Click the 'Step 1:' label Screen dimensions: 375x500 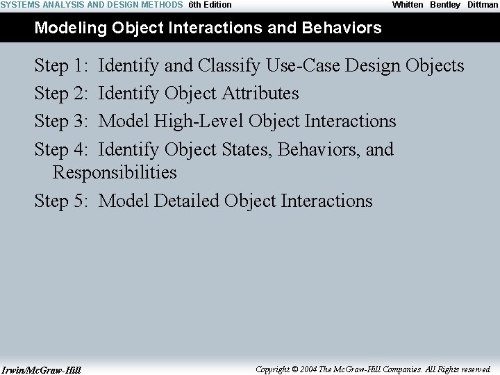61,66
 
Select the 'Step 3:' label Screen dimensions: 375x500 61,122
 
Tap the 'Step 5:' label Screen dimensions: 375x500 61,201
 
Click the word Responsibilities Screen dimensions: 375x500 115,173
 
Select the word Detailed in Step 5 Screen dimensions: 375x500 186,201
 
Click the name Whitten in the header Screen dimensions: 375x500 408,5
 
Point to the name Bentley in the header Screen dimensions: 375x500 445,5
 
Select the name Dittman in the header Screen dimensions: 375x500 483,5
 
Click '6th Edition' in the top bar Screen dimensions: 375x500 210,5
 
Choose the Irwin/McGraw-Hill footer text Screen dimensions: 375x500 41,370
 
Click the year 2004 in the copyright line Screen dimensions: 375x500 309,369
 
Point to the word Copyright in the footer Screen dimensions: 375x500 273,369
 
